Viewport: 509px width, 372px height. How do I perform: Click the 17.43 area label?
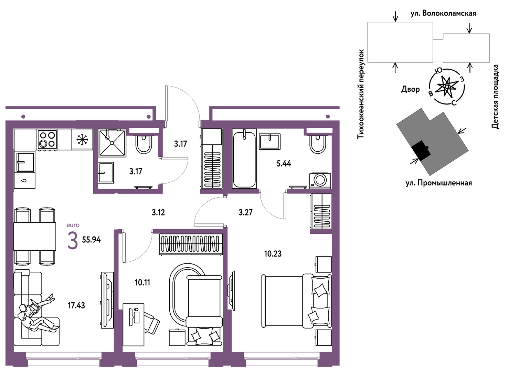(x=76, y=305)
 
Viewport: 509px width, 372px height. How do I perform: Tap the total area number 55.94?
(x=91, y=240)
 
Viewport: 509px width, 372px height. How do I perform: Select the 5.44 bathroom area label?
(x=284, y=163)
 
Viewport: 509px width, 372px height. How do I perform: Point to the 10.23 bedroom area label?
(x=273, y=253)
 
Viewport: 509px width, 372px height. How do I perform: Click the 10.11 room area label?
(x=142, y=282)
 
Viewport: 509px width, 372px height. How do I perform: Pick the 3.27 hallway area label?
(x=246, y=212)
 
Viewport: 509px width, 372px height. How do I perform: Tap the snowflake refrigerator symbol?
(x=82, y=139)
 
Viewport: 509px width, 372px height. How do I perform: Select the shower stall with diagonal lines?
(x=112, y=143)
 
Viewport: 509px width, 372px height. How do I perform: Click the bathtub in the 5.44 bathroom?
(x=244, y=159)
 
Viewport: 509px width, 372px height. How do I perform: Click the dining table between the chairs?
(x=35, y=236)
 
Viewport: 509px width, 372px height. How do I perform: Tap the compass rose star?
(x=447, y=87)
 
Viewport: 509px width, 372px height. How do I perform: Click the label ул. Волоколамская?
(x=443, y=13)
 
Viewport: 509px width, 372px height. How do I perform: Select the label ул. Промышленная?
(x=439, y=183)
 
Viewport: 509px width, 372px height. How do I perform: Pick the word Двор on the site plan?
(x=410, y=89)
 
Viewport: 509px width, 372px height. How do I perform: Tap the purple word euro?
(x=73, y=225)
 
